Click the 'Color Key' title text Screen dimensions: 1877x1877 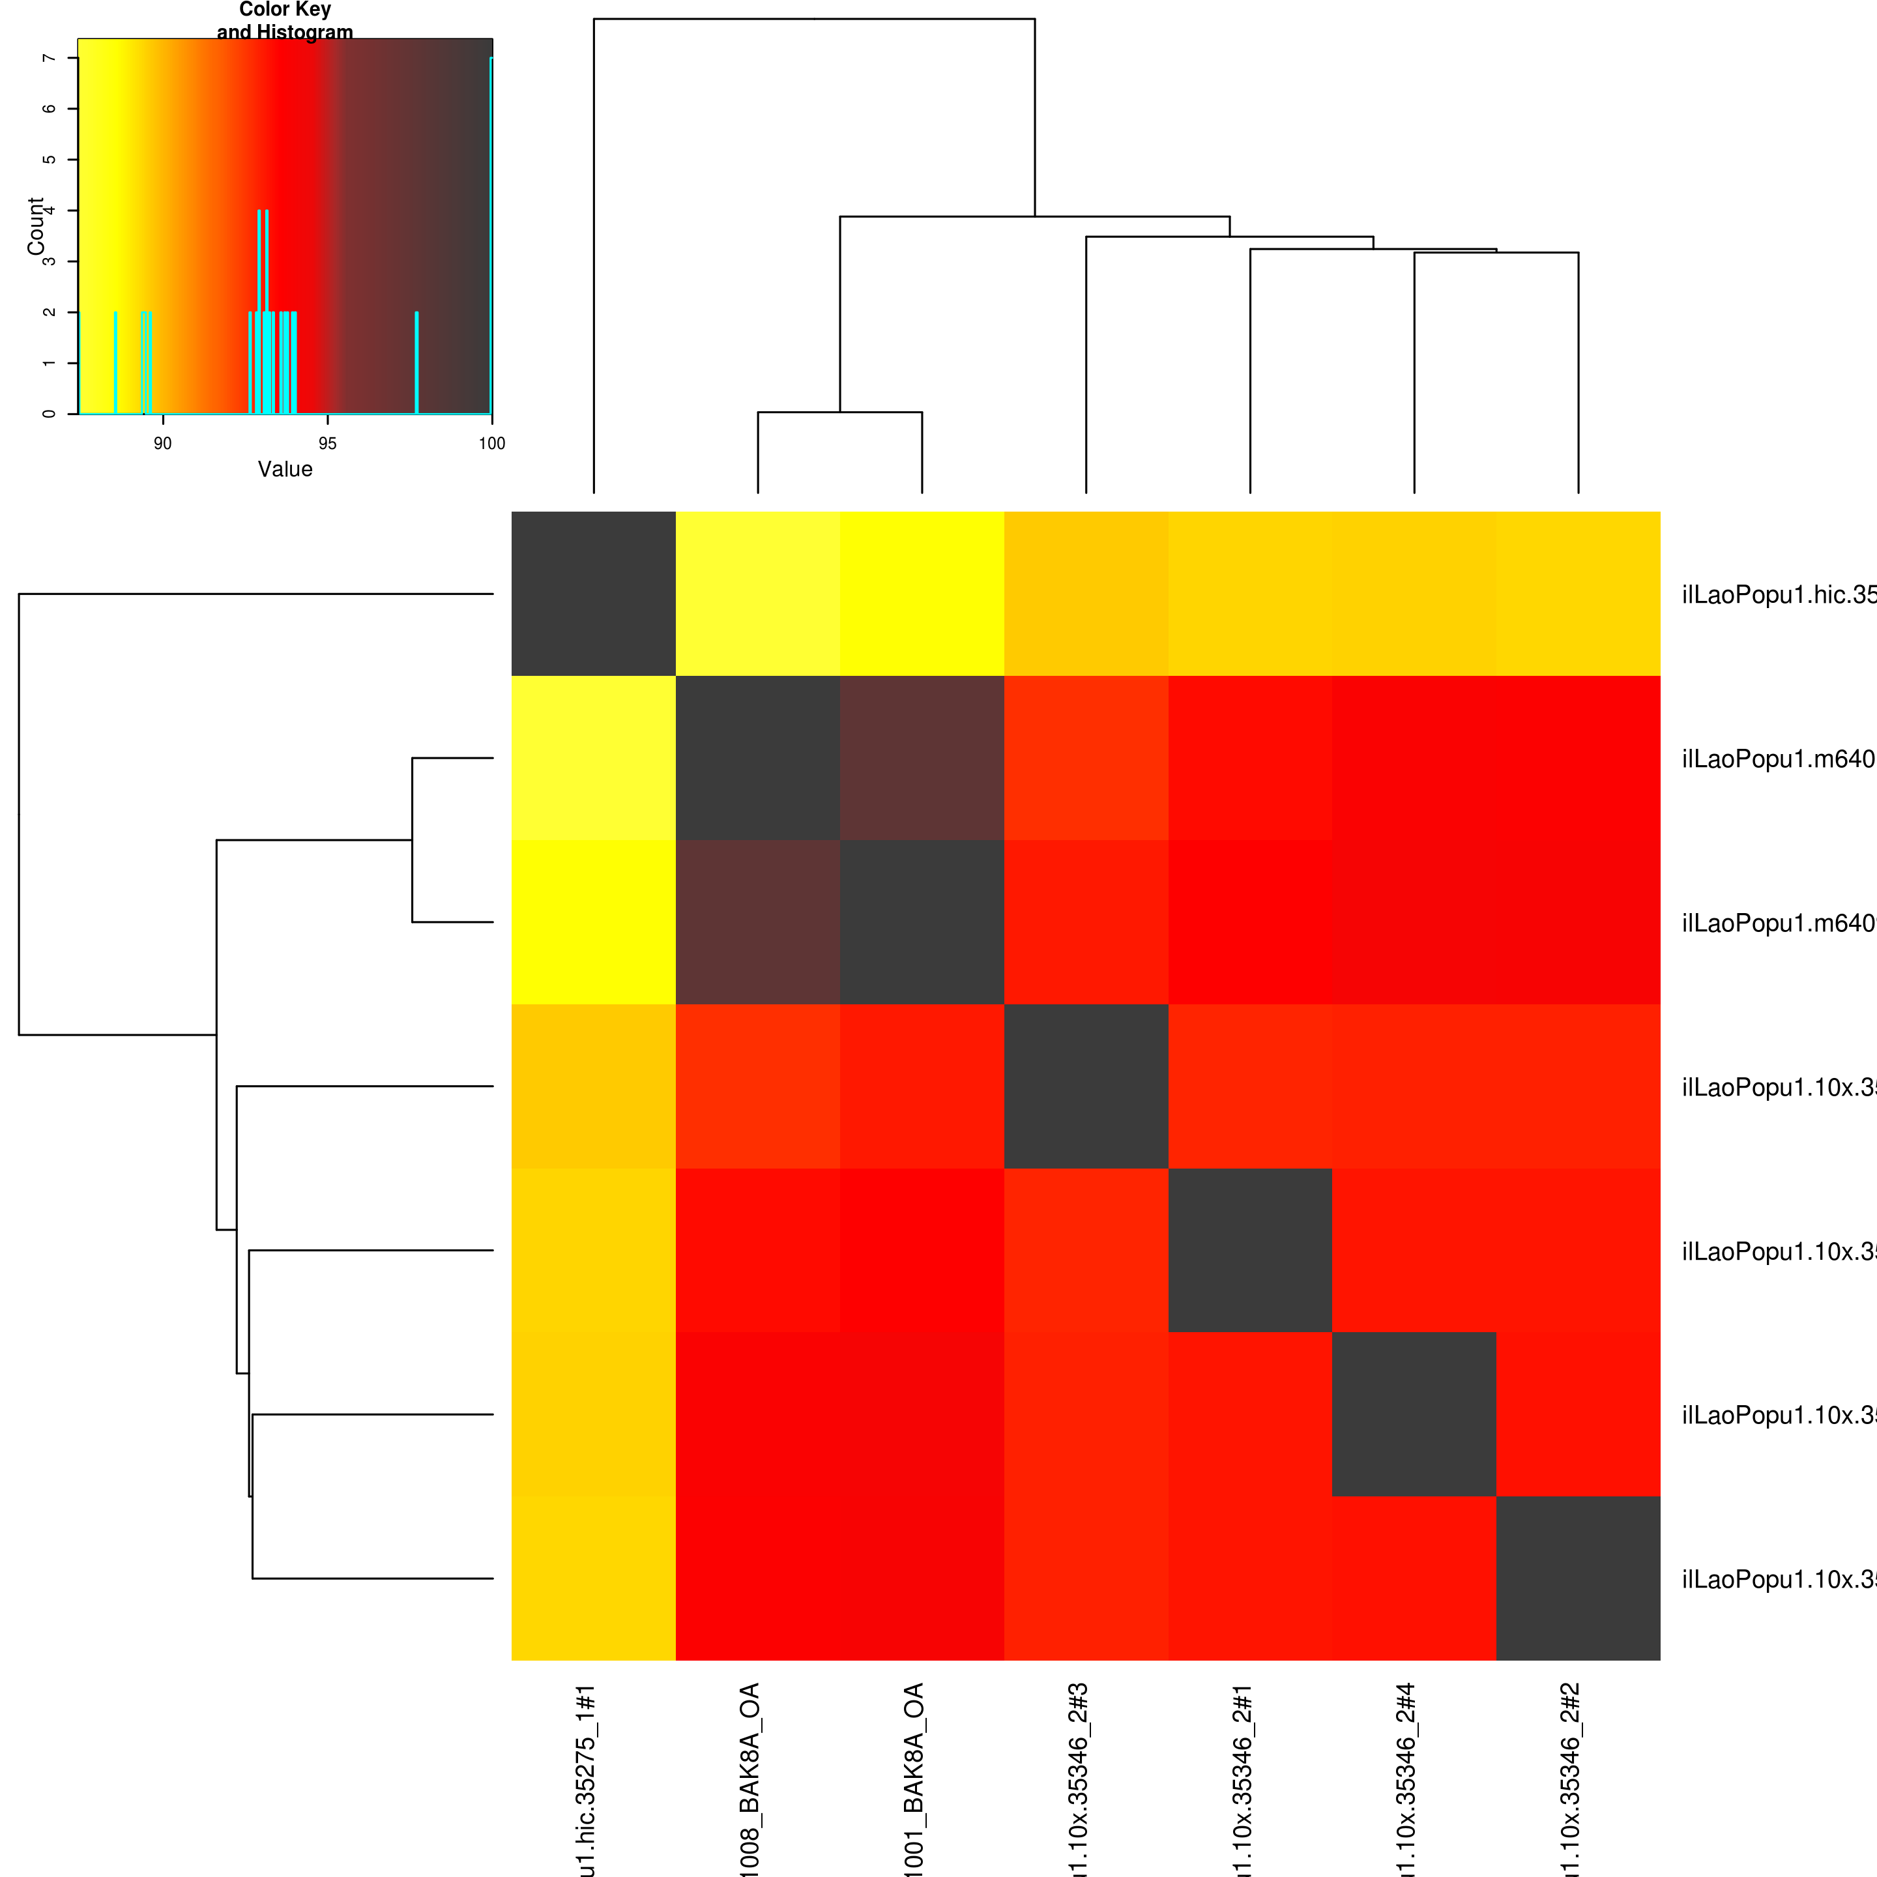tap(285, 10)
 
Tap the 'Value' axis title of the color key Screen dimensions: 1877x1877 tap(285, 469)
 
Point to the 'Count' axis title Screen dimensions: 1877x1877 tap(36, 226)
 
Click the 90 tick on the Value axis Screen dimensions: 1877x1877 tap(162, 444)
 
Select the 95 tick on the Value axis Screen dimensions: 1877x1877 tap(327, 444)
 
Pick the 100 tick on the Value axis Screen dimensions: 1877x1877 tap(491, 444)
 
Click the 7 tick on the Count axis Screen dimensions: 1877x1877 tap(49, 58)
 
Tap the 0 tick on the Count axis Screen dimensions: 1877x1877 tap(49, 414)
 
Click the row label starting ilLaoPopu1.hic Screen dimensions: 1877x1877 tap(1778, 594)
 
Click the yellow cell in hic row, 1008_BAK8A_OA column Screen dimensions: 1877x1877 tap(758, 594)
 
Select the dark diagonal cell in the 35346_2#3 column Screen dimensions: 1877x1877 tap(1086, 1086)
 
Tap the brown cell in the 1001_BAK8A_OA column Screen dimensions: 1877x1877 tap(922, 758)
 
